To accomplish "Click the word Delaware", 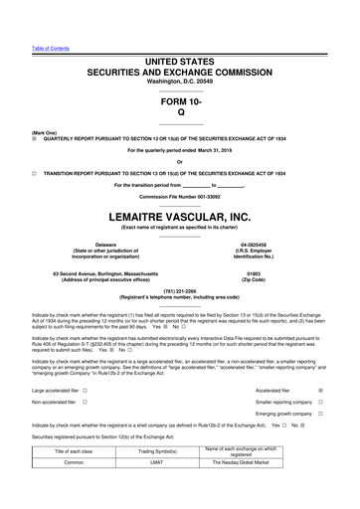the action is click(104, 243).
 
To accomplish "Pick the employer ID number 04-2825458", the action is click(257, 243).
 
